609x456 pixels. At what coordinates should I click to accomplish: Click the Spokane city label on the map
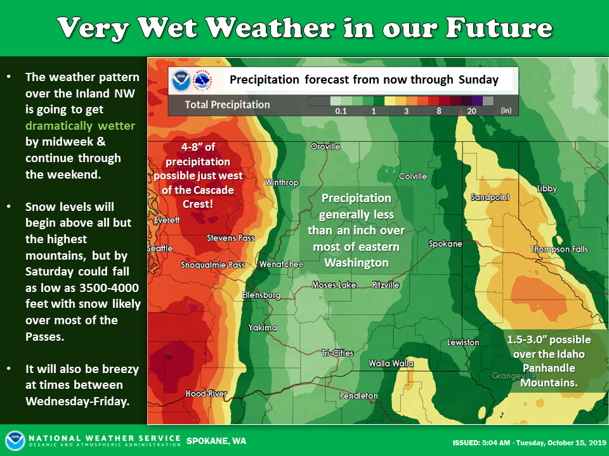coord(445,244)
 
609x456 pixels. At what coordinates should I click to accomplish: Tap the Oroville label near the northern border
coord(325,146)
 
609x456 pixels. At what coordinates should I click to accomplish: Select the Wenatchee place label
coord(281,265)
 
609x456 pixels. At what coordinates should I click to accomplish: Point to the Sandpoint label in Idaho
coord(490,198)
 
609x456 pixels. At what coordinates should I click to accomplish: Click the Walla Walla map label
coord(391,364)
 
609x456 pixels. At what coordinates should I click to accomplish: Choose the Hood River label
coord(206,393)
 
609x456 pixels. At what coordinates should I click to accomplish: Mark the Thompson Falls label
coord(560,250)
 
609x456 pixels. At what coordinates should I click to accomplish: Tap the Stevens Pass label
coord(231,238)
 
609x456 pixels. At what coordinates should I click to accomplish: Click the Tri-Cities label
coord(337,353)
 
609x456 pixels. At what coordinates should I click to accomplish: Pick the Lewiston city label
coord(463,343)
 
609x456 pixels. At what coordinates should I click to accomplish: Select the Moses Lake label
coord(334,285)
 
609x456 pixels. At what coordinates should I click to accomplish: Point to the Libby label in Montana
coord(547,189)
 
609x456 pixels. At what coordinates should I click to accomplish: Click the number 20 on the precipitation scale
coord(471,111)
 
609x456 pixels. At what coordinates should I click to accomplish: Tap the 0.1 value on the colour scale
coord(341,111)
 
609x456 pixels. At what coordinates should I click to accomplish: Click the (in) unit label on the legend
coord(506,110)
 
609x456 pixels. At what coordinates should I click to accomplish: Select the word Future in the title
coord(499,28)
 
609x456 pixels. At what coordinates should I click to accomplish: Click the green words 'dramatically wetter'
coord(81,126)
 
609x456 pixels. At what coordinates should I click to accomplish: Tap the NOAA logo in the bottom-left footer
coord(15,441)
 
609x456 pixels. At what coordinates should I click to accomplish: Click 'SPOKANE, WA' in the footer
coord(216,441)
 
